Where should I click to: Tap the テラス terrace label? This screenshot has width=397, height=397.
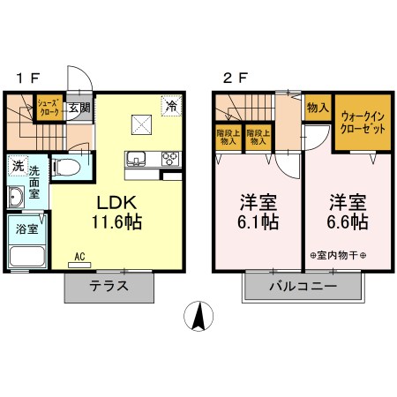point(110,286)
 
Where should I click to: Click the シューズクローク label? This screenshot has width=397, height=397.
point(48,109)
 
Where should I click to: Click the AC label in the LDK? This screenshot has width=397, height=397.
point(79,257)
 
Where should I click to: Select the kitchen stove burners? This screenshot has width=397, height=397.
point(169,159)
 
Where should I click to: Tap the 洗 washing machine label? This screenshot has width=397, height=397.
point(18,165)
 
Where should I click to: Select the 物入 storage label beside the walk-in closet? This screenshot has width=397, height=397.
point(317,108)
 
